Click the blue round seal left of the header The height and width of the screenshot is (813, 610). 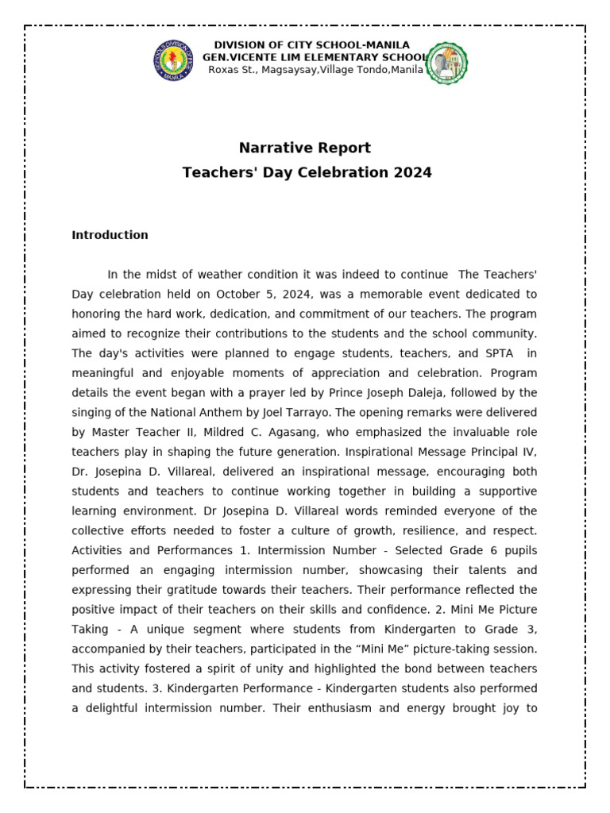[172, 61]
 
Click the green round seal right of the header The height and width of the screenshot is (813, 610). [447, 64]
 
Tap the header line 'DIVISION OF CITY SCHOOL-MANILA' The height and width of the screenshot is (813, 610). [312, 44]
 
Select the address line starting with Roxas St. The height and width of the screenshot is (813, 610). [315, 70]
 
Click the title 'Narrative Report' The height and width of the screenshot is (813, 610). [305, 148]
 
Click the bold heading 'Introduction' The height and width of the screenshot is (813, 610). [110, 235]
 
